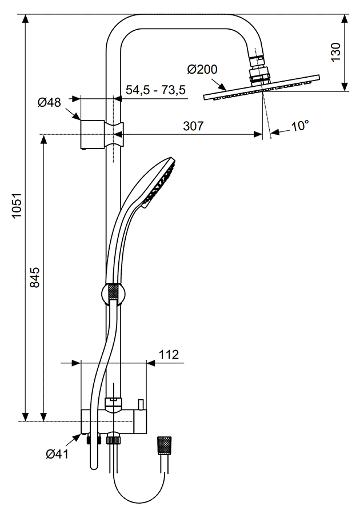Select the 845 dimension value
point(35,277)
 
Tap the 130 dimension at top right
point(336,52)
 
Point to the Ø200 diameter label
point(202,70)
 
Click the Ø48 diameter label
point(50,103)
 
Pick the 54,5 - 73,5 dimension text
point(155,90)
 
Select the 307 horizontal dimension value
point(193,127)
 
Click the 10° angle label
point(299,127)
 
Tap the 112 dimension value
point(168,355)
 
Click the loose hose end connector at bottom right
point(165,445)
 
